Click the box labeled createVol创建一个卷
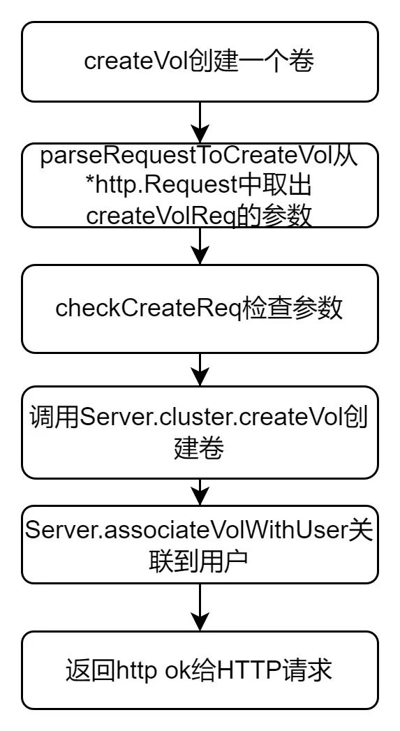click(x=200, y=61)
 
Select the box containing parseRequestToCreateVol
click(x=200, y=185)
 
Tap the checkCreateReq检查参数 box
click(x=200, y=309)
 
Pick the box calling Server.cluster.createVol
click(x=200, y=432)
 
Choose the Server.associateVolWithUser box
click(x=200, y=545)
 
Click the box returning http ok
click(x=200, y=670)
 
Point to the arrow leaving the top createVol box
click(x=200, y=122)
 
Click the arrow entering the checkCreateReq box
click(x=200, y=246)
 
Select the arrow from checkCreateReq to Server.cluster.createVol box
click(x=200, y=369)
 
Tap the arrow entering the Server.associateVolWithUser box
click(x=200, y=492)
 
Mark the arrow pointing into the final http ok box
click(x=200, y=607)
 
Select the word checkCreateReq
click(x=148, y=308)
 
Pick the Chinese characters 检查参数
click(x=292, y=308)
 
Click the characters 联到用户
click(x=199, y=563)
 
